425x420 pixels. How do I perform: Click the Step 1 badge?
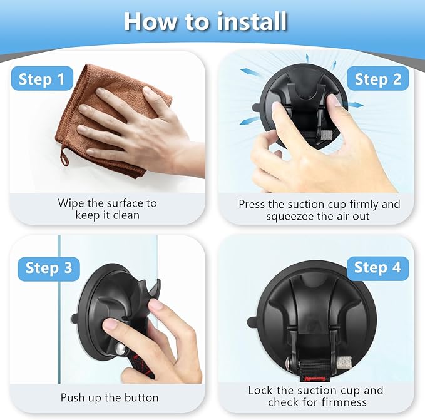click(x=42, y=79)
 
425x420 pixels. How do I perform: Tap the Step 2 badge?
click(x=378, y=79)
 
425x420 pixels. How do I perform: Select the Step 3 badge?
click(x=49, y=269)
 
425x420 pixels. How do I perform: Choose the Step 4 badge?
click(x=378, y=268)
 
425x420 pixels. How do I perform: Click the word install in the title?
click(x=252, y=22)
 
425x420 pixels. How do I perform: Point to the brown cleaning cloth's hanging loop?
click(x=64, y=156)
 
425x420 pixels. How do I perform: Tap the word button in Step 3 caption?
click(x=141, y=398)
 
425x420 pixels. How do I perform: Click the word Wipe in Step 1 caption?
click(x=69, y=203)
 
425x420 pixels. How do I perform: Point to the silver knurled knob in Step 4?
click(x=344, y=362)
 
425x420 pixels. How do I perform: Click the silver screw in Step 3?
click(x=120, y=349)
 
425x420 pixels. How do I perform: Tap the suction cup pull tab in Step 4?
click(x=252, y=322)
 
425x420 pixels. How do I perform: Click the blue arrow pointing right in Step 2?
click(x=356, y=105)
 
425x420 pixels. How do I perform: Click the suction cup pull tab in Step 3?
click(x=75, y=317)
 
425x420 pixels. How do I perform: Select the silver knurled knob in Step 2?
click(x=327, y=135)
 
